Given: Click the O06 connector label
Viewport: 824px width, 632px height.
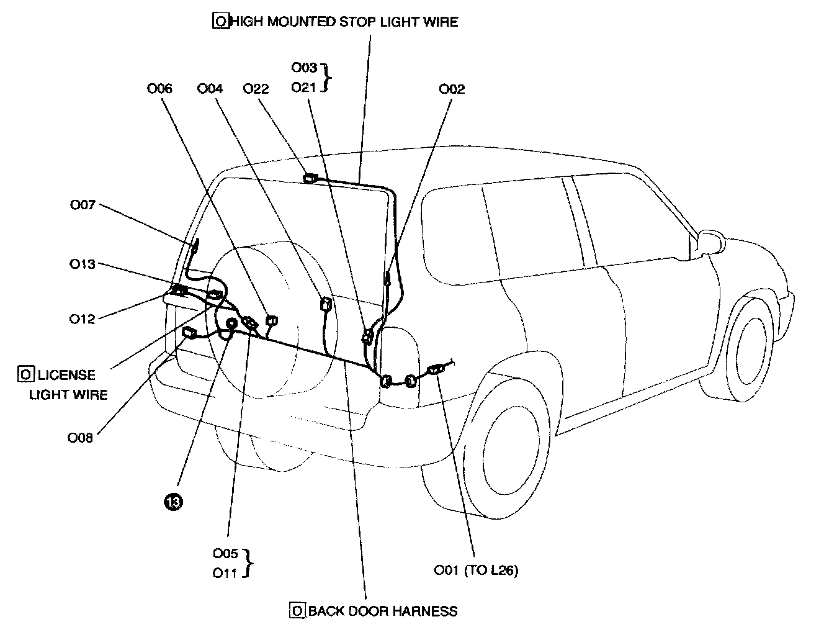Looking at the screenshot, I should click(159, 89).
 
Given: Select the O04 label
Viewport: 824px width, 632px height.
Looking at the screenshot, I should click(210, 89).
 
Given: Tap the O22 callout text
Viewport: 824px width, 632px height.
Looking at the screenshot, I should click(256, 89).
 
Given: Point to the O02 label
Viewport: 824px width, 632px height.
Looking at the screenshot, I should click(452, 89).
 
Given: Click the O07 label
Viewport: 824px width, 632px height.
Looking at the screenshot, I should click(83, 204).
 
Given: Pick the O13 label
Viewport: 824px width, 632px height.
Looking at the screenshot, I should click(83, 264).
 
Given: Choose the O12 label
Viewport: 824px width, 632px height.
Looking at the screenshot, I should click(83, 318).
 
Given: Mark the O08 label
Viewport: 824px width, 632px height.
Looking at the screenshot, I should click(80, 437).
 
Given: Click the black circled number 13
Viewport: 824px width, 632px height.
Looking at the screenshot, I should click(173, 502).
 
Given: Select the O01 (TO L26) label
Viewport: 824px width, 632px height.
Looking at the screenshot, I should click(476, 570).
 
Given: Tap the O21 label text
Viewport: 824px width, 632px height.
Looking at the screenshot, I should click(304, 88).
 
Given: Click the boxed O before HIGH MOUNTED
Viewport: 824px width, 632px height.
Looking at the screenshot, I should click(220, 22).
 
